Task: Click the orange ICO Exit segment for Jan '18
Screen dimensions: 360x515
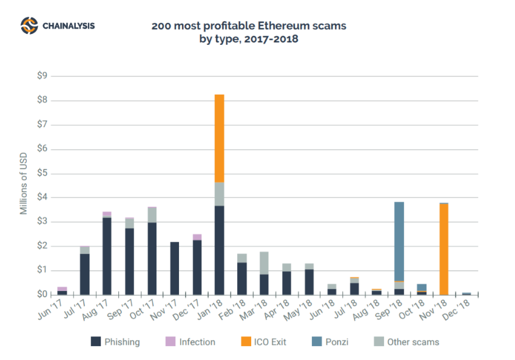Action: pos(219,138)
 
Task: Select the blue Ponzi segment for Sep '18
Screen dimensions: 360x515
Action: pos(399,241)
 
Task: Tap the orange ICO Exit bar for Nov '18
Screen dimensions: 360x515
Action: pos(444,249)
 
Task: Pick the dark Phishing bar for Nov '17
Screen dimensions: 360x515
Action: pos(174,268)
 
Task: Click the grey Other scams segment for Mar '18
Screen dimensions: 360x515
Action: pos(264,263)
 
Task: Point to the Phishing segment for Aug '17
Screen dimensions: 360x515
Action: pos(107,256)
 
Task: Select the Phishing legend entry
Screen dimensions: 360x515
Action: pos(115,342)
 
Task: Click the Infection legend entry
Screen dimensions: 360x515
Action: pos(190,342)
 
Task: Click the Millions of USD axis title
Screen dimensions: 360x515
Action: pos(24,185)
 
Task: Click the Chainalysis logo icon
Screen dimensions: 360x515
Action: pos(29,26)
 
